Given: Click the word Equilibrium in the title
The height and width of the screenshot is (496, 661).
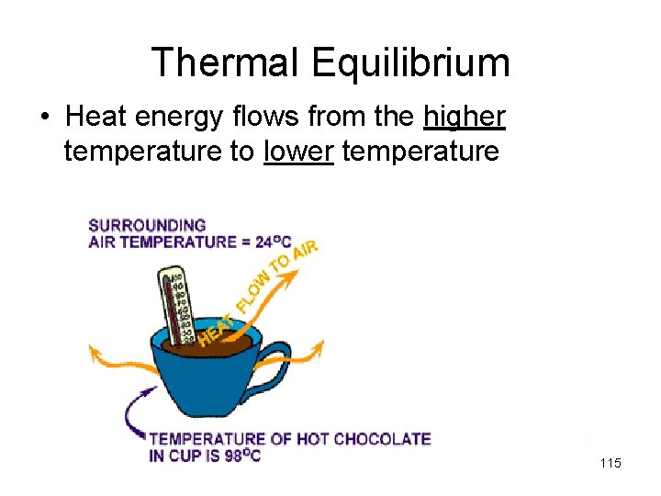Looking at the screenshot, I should [410, 63].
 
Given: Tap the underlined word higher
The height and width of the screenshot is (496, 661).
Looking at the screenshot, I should [465, 117].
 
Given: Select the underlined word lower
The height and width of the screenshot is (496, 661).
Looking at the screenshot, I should [297, 150].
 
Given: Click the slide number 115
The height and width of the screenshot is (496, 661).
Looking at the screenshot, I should [610, 463].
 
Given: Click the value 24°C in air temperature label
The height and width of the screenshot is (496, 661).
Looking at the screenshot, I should [273, 242].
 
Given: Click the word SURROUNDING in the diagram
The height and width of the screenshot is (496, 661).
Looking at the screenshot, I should [147, 225].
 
